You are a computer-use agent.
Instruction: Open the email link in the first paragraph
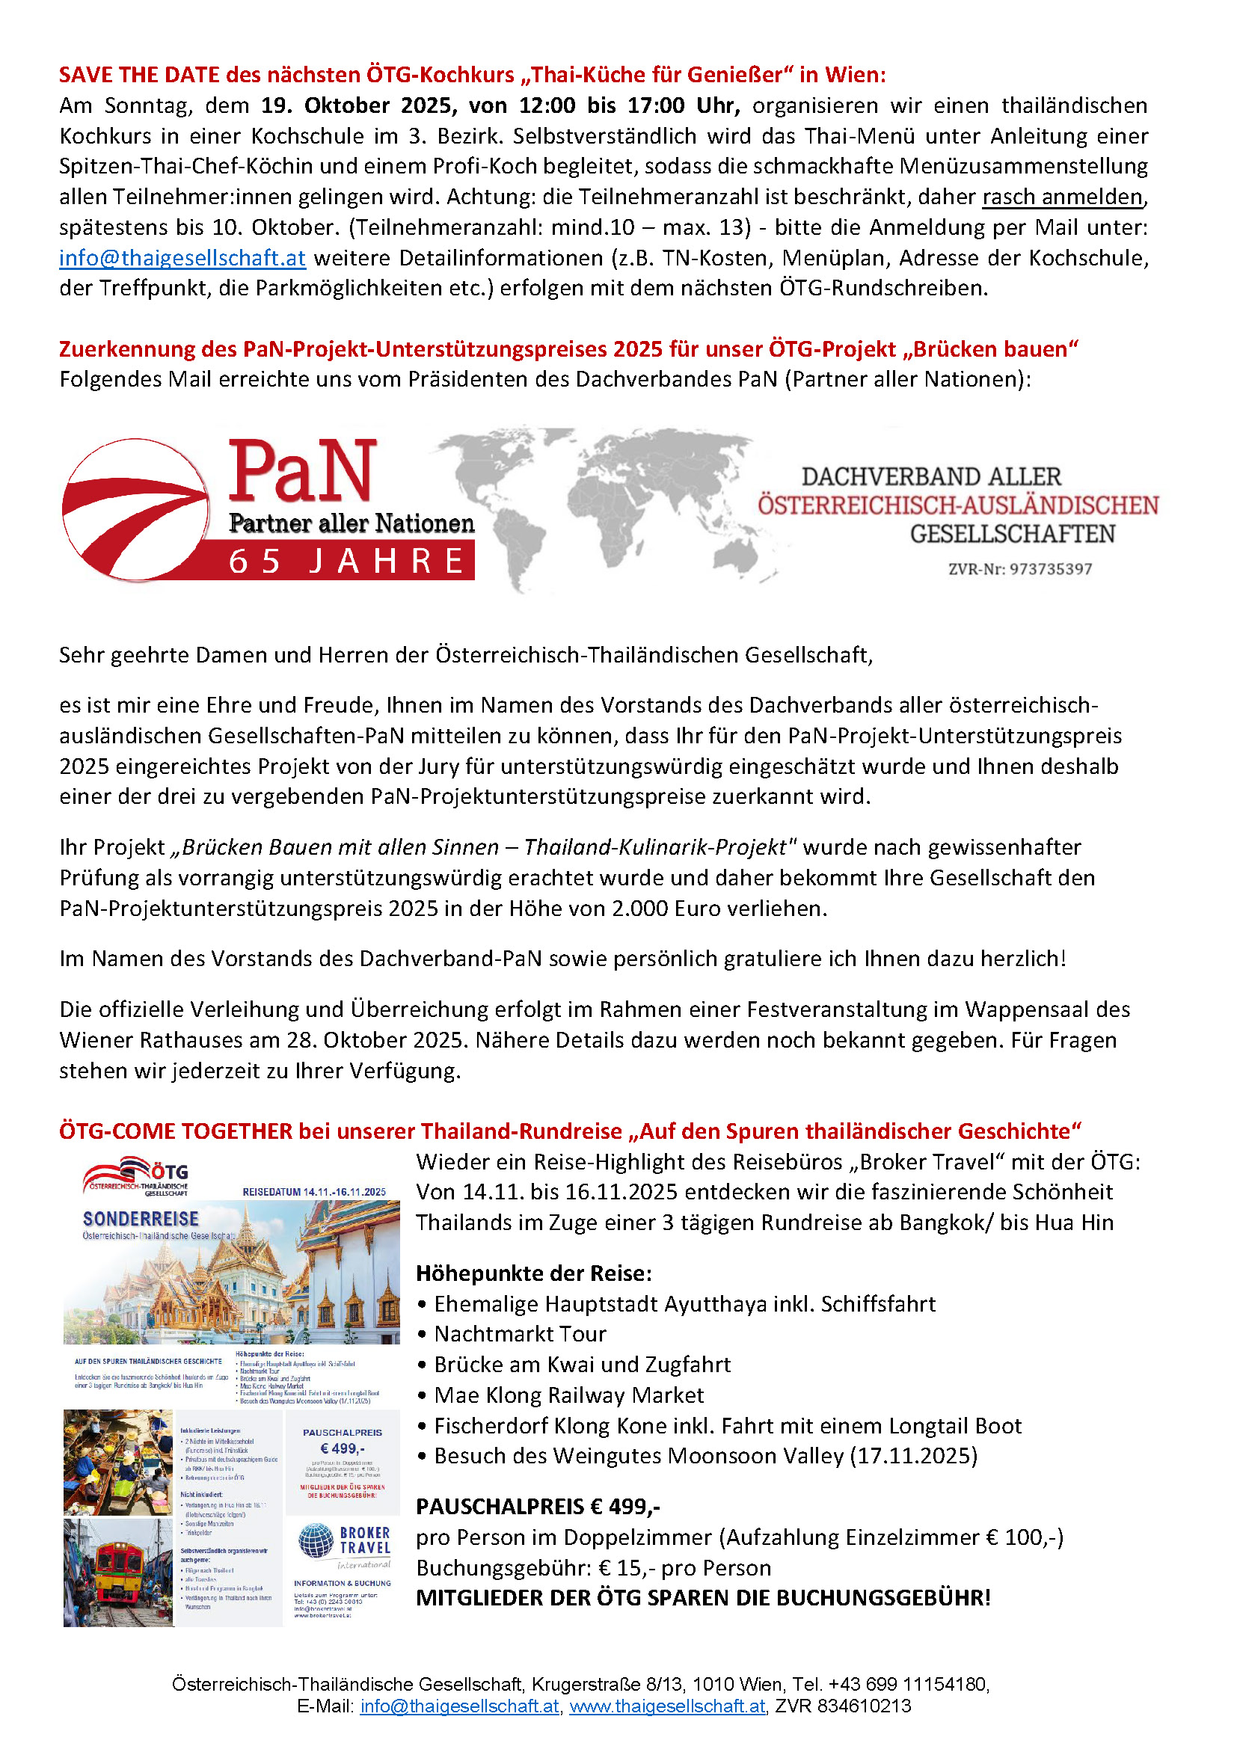182,257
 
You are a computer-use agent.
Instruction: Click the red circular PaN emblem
135,509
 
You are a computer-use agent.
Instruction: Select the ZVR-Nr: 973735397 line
1020,569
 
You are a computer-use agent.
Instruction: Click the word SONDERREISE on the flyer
141,1219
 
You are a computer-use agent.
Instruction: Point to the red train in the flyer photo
114,1569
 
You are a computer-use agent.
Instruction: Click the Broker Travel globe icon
316,1540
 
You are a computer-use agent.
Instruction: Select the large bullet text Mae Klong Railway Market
568,1395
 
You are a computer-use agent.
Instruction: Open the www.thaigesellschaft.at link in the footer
666,1706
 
